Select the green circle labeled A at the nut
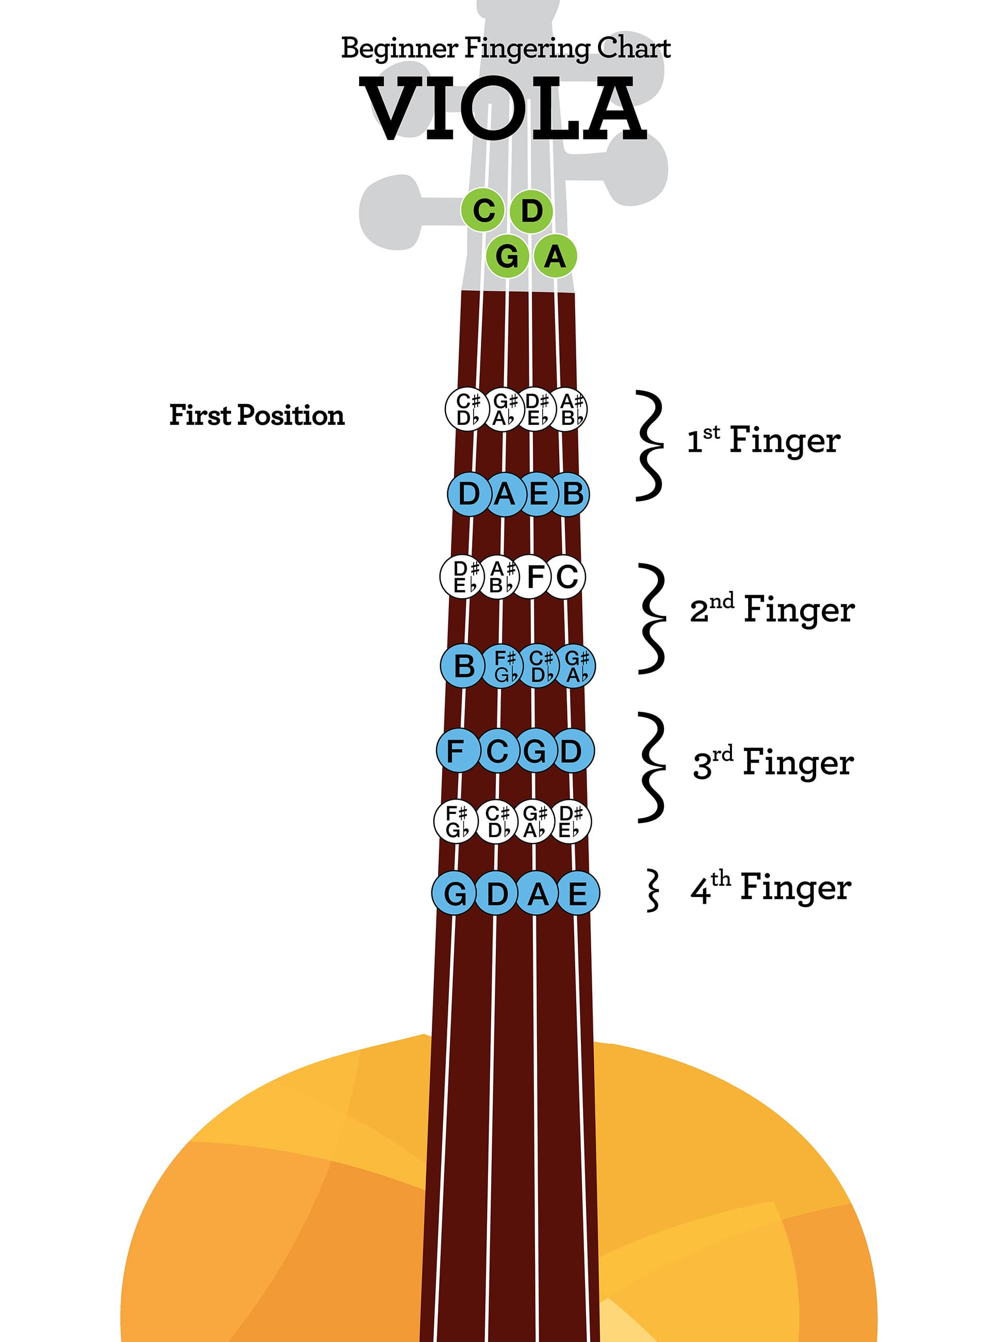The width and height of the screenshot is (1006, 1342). click(554, 256)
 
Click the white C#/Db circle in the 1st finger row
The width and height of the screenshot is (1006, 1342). click(466, 409)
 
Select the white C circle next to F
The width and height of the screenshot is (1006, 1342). click(566, 577)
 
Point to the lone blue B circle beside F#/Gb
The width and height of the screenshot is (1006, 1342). click(463, 665)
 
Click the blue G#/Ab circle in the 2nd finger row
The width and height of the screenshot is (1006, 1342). click(575, 665)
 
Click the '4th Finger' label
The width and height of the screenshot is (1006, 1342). click(770, 888)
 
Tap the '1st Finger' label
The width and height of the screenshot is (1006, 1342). click(763, 440)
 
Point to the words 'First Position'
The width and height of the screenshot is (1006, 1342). click(256, 415)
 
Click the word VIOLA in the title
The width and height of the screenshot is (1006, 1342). click(504, 109)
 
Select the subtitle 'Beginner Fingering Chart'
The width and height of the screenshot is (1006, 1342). click(505, 48)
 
